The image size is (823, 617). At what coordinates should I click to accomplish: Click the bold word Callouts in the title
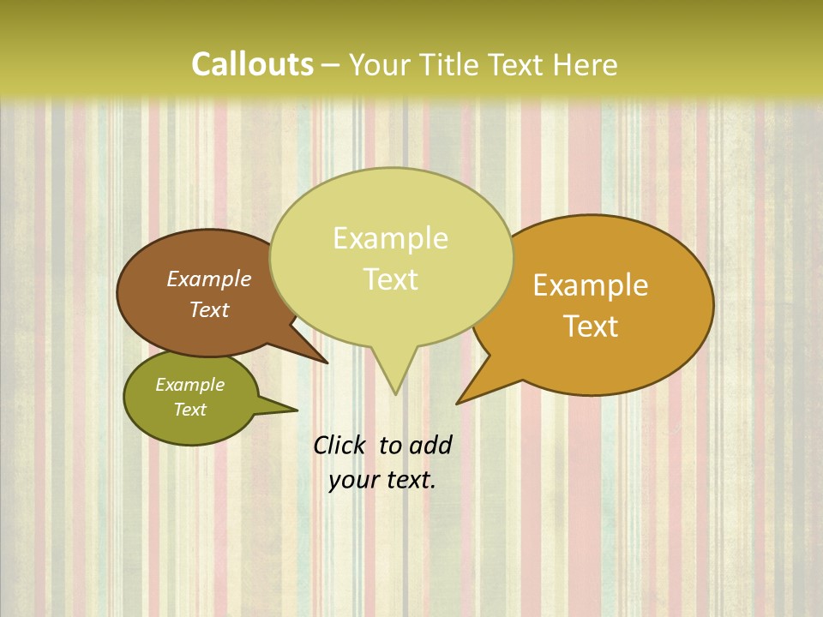click(252, 64)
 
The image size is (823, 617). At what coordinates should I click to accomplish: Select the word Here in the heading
click(586, 64)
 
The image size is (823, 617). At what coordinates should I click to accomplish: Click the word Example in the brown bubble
click(209, 279)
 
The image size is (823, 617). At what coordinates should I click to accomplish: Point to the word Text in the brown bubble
click(209, 309)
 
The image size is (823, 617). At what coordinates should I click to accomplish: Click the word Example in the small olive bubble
click(189, 385)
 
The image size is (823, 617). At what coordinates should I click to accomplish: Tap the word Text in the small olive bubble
click(189, 410)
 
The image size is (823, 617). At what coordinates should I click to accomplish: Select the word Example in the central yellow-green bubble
click(390, 238)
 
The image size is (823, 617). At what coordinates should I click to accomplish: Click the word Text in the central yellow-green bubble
click(390, 279)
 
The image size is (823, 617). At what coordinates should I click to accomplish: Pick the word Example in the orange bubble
click(591, 285)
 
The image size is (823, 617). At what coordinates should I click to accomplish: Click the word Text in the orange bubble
click(591, 326)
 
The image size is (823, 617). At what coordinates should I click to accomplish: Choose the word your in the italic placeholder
click(353, 480)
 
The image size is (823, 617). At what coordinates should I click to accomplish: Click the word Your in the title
click(377, 64)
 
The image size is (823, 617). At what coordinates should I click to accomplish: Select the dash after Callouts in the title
click(331, 65)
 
